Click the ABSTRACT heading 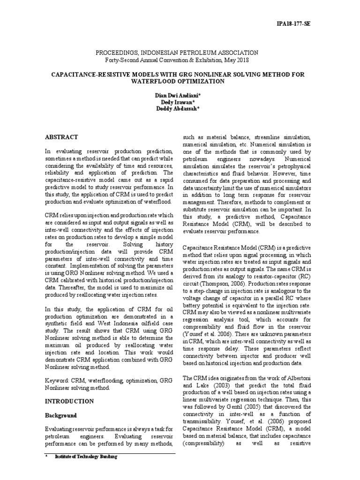61,137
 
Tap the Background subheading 60,415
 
